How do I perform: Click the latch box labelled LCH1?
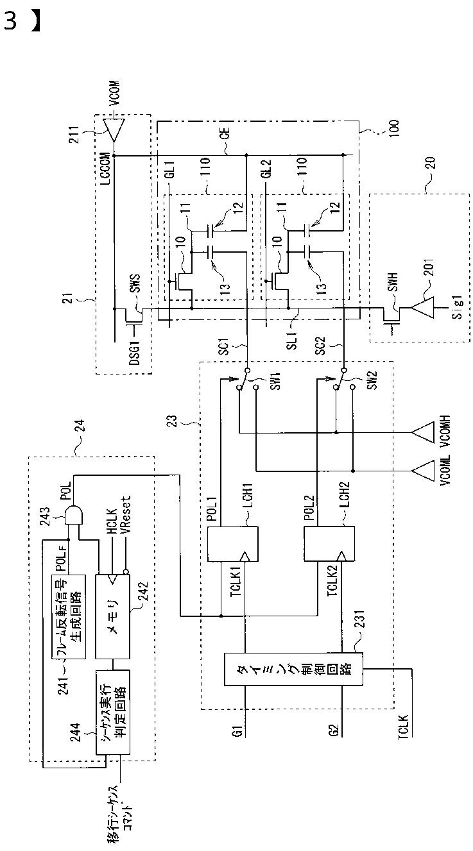click(x=232, y=544)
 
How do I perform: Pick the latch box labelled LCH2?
click(x=329, y=544)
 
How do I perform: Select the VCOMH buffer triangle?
click(x=422, y=432)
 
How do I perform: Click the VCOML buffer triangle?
click(x=422, y=471)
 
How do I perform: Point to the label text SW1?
click(x=276, y=381)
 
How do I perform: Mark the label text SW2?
click(x=373, y=381)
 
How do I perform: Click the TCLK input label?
click(x=404, y=727)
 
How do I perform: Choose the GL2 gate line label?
click(x=267, y=169)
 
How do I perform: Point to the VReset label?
click(x=126, y=515)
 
